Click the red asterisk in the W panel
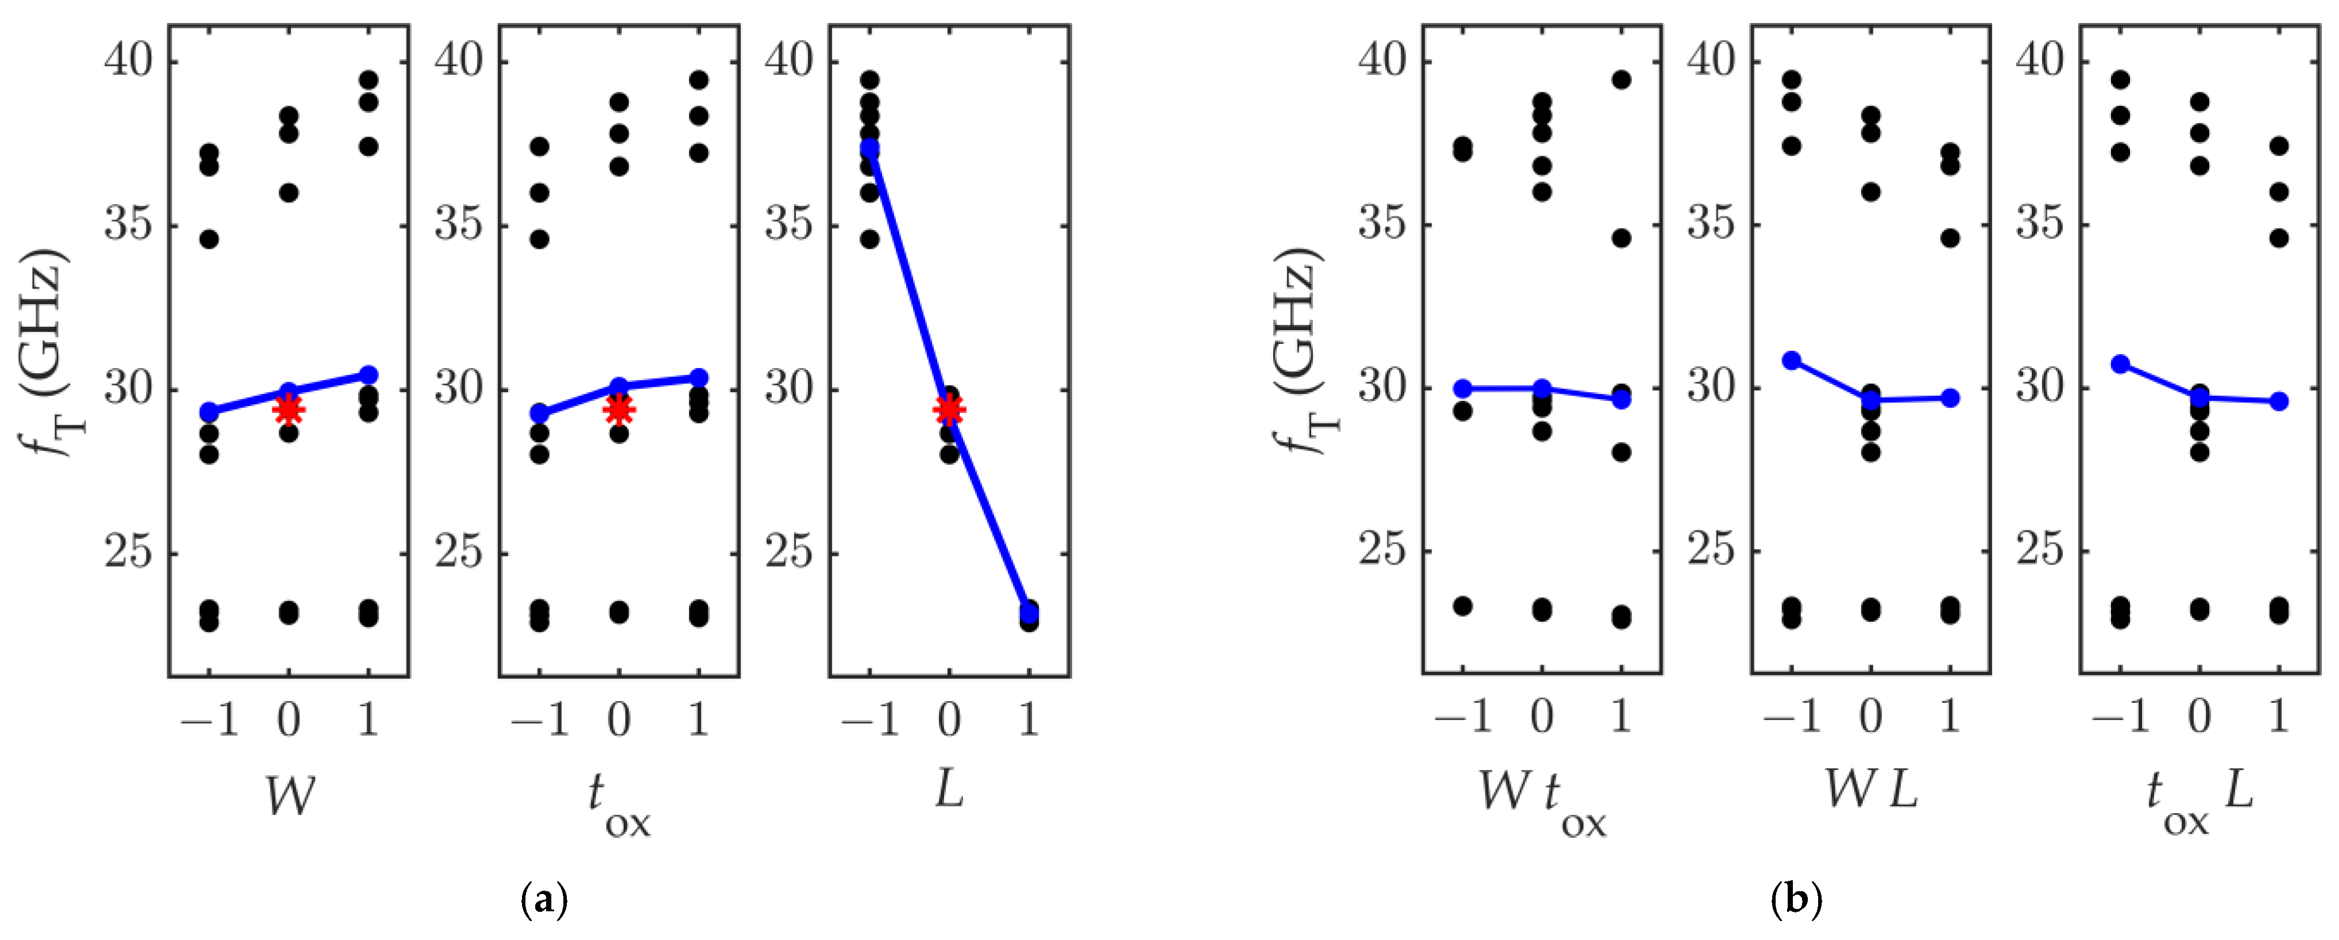289,409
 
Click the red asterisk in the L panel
949,409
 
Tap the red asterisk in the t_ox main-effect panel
618,409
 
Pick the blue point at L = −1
870,146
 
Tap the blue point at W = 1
368,374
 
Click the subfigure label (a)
545,899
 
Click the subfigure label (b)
1796,899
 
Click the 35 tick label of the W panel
128,225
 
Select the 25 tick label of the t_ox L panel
2040,550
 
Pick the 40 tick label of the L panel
789,62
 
